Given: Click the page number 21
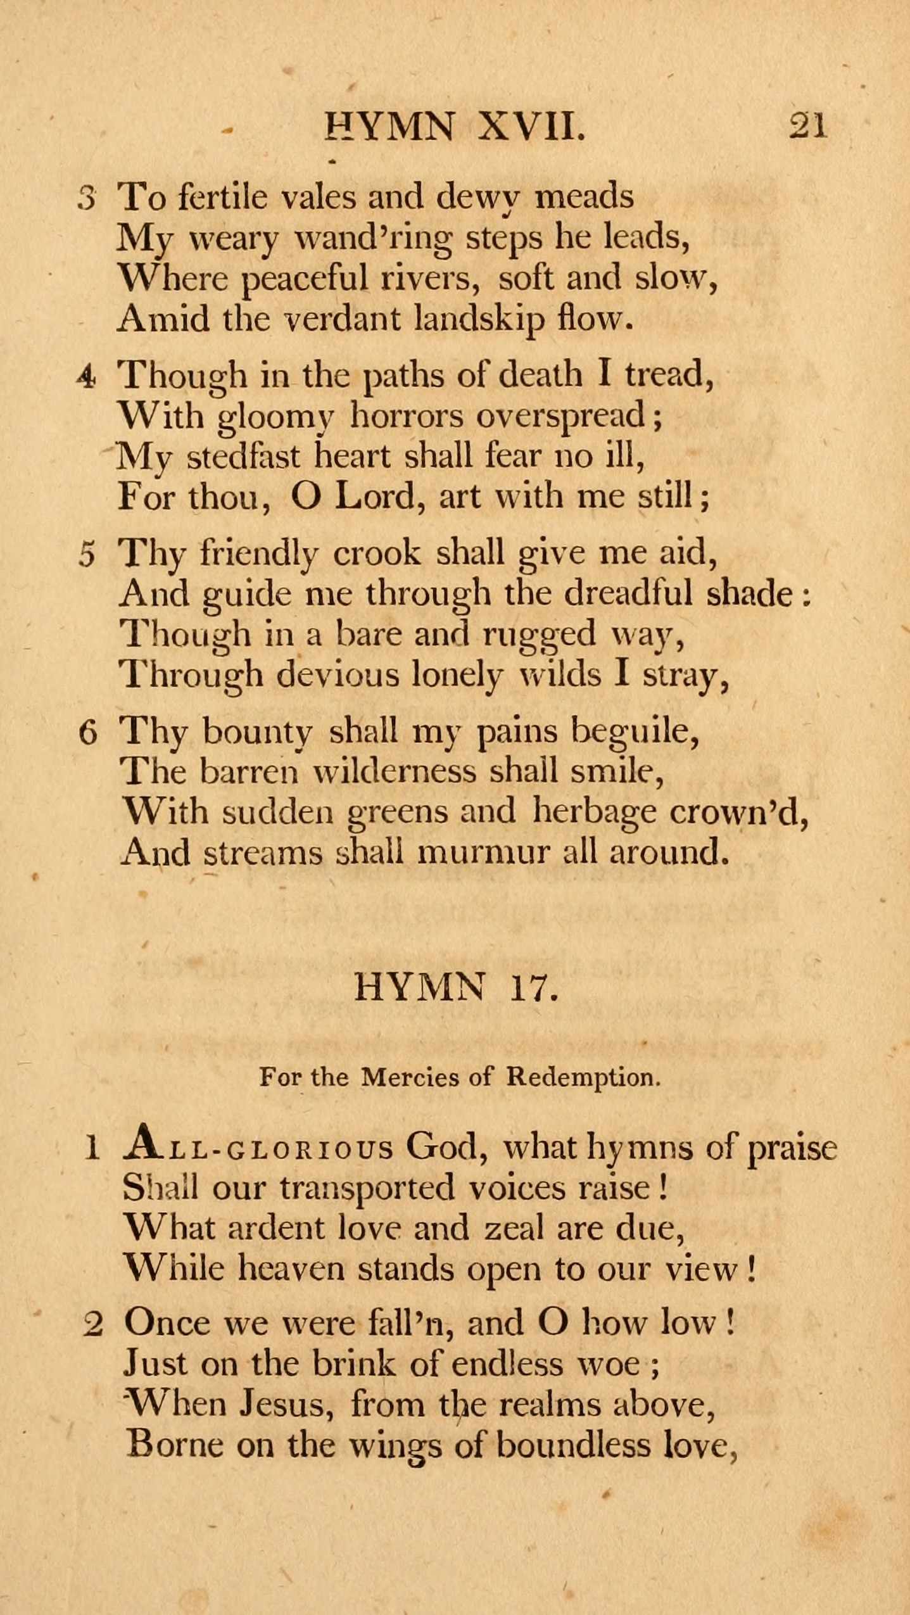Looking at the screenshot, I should pos(807,125).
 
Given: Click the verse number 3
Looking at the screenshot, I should pos(87,199).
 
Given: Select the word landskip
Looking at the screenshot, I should pos(478,319).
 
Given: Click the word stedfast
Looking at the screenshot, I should pos(243,457).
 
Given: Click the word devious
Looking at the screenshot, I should pos(339,674).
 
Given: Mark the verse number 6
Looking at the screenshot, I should pos(88,733).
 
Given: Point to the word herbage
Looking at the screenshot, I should pos(594,813).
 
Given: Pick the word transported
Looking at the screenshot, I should pos(367,1187).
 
